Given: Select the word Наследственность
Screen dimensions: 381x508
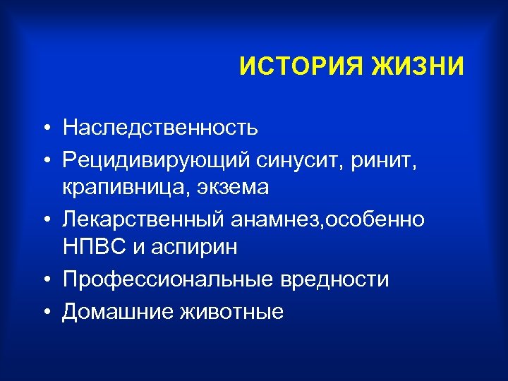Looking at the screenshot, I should (x=160, y=128).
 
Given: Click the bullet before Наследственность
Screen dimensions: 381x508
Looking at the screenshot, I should (x=44, y=129).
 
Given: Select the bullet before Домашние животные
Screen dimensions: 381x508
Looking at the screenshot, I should (x=44, y=312).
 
